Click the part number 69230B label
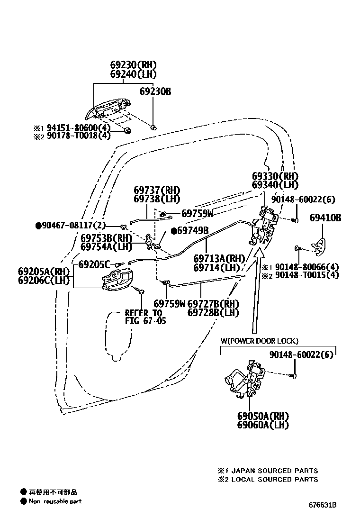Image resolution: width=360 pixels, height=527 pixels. (x=155, y=91)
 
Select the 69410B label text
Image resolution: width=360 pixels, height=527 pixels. (x=325, y=218)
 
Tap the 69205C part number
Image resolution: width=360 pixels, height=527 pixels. (x=94, y=264)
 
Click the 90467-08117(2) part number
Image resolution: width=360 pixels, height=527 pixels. (x=71, y=226)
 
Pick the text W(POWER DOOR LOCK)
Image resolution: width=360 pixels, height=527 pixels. (x=259, y=341)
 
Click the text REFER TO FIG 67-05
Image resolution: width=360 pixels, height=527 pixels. (x=143, y=317)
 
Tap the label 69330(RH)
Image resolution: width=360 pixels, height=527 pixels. (x=275, y=176)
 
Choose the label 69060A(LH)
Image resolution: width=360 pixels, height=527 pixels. (x=263, y=425)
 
